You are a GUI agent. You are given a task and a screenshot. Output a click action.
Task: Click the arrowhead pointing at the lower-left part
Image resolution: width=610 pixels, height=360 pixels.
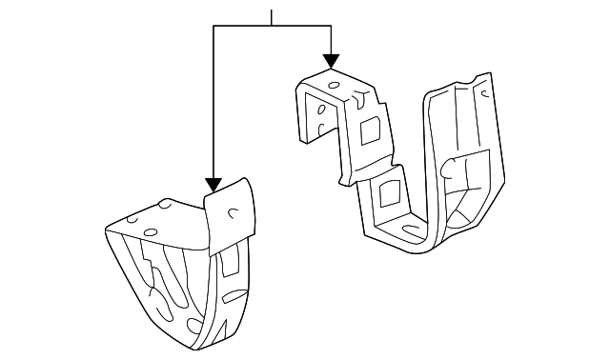tap(213, 183)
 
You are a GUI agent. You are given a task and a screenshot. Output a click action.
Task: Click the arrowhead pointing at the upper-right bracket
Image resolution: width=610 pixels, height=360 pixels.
tap(331, 61)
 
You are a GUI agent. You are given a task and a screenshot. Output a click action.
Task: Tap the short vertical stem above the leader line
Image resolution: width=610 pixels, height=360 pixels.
tap(273, 17)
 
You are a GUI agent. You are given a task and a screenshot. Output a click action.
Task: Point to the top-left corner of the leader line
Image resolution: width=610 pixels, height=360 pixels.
tap(213, 26)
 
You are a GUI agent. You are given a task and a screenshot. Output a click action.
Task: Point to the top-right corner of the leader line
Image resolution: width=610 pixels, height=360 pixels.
tap(331, 26)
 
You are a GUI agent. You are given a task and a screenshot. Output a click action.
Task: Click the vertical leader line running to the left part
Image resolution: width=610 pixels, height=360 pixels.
tap(213, 105)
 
